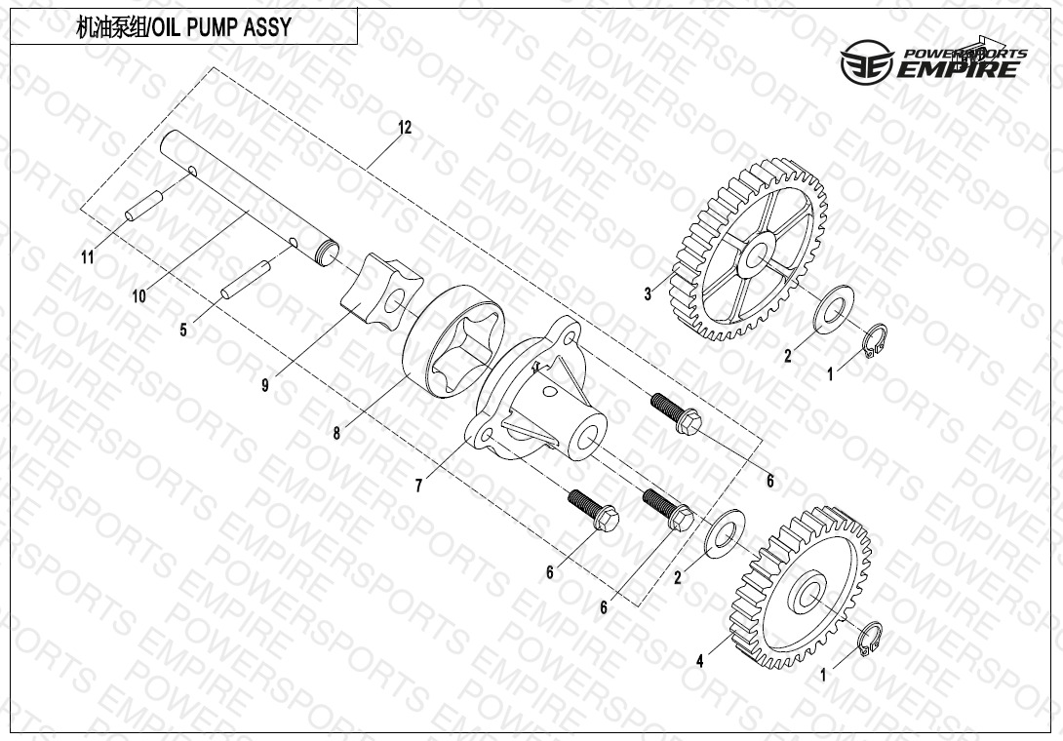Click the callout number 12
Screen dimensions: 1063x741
point(405,128)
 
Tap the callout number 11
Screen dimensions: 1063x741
point(88,257)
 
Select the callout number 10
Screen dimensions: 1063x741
point(139,295)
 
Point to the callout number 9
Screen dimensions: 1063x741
point(265,385)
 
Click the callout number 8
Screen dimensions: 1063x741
point(336,433)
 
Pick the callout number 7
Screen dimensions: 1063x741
point(419,486)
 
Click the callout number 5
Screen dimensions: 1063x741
point(183,331)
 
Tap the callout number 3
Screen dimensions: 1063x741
point(649,293)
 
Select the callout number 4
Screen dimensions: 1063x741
point(700,660)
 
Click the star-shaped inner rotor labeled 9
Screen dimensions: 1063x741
point(381,292)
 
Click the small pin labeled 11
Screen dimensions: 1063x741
point(144,206)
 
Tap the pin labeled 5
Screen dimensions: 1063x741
point(246,279)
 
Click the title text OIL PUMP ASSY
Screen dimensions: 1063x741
point(219,27)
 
